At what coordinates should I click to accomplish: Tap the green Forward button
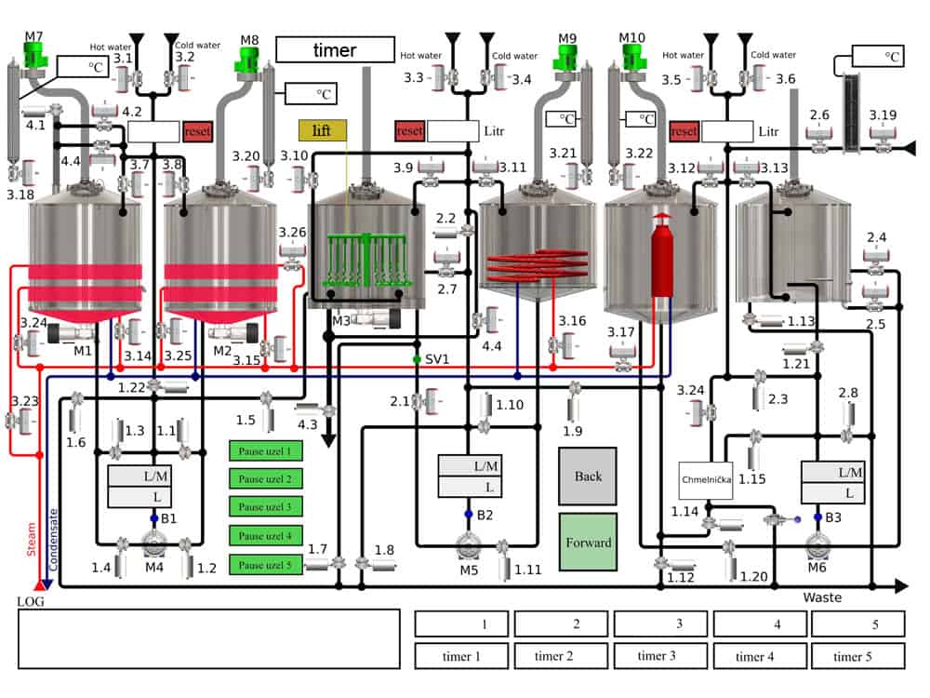(x=588, y=542)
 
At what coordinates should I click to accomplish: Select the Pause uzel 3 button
(x=266, y=507)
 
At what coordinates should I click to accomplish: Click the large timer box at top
(x=335, y=50)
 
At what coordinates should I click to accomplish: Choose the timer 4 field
(x=755, y=656)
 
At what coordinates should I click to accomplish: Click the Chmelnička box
(x=706, y=480)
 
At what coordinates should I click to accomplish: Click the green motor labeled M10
(x=632, y=57)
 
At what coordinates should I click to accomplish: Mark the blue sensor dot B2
(x=469, y=514)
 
